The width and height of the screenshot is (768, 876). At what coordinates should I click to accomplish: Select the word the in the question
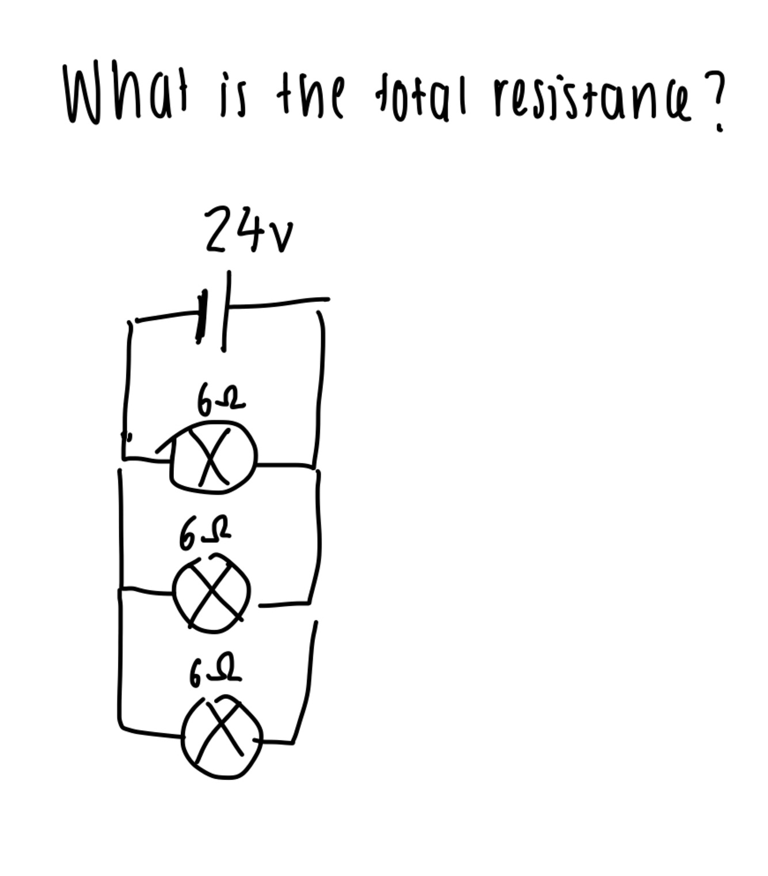point(313,95)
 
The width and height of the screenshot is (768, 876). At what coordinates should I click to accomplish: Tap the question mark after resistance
point(713,101)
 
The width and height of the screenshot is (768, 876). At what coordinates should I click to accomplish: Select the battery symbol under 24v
point(214,312)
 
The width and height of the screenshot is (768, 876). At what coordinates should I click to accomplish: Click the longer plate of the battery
point(226,312)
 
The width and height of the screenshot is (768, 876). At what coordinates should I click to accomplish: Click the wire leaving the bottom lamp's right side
point(275,742)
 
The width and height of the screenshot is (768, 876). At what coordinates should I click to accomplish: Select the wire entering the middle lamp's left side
point(147,591)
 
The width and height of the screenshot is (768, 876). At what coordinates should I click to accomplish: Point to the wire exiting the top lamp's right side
point(285,465)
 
